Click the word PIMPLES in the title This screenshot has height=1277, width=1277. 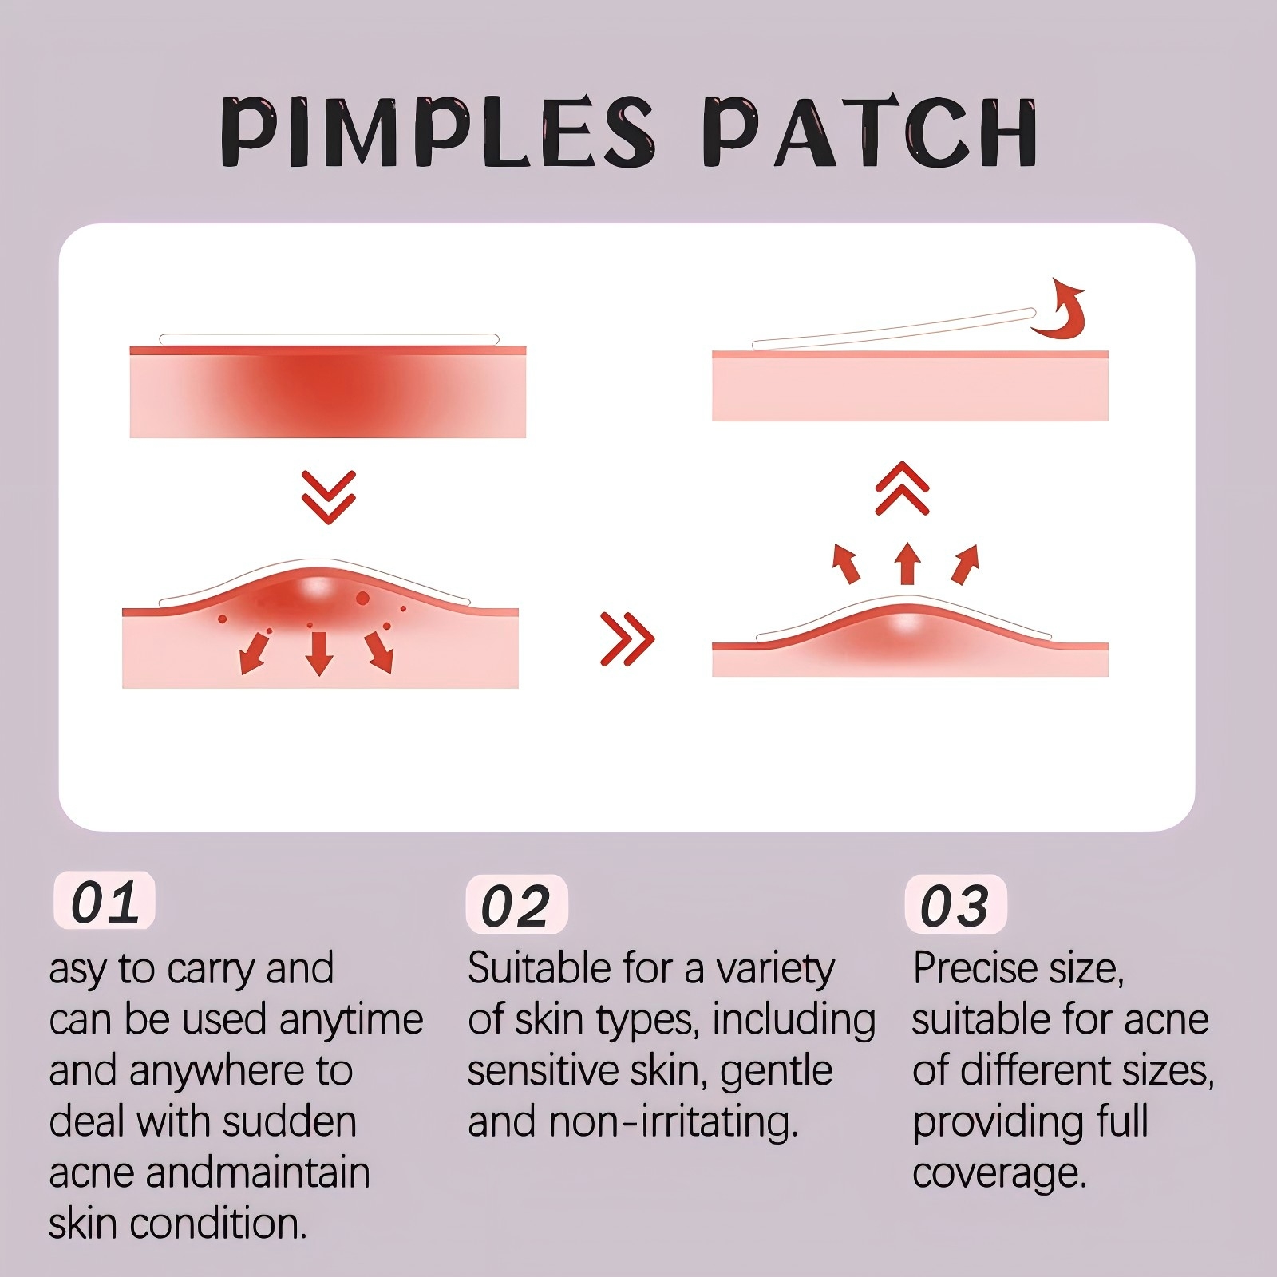pyautogui.click(x=437, y=132)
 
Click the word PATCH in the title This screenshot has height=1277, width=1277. pyautogui.click(x=872, y=132)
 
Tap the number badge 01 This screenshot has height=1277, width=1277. pyautogui.click(x=105, y=901)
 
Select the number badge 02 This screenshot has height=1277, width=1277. pyautogui.click(x=516, y=905)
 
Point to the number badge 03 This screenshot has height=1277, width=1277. pyautogui.click(x=955, y=905)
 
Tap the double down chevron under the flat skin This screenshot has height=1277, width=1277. pyautogui.click(x=329, y=496)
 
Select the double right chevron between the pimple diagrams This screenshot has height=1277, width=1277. pyautogui.click(x=627, y=638)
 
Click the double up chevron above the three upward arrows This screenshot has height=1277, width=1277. pyautogui.click(x=903, y=488)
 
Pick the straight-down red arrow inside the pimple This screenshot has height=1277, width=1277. pyautogui.click(x=319, y=654)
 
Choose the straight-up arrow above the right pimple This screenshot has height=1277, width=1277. pyautogui.click(x=906, y=563)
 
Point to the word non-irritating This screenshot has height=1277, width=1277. pyautogui.click(x=674, y=1122)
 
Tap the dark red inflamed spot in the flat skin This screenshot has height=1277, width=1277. pyautogui.click(x=328, y=391)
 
